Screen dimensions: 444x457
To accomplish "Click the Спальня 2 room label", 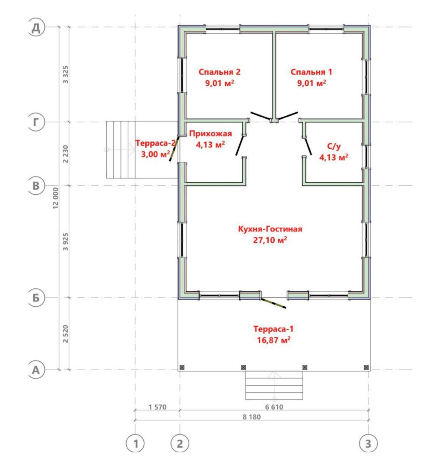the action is point(219,72).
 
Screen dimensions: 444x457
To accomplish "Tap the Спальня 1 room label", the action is point(311,72).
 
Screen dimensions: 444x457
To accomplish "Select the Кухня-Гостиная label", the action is point(270,229).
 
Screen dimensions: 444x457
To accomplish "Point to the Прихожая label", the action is point(210,134).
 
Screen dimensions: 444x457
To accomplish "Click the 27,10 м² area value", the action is point(270,240).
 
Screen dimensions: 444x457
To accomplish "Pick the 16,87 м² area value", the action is point(273,340).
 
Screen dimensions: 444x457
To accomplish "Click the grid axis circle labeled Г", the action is point(36,122).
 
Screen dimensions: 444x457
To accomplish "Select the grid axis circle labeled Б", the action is point(36,298).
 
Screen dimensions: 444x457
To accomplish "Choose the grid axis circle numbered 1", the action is point(135,444).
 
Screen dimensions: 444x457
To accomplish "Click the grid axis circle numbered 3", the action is point(369,444).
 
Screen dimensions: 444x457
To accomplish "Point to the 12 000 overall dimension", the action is point(55,198).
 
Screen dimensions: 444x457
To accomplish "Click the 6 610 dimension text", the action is point(274,407).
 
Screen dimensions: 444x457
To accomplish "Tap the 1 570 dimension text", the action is point(157,407).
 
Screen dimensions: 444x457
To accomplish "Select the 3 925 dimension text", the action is point(66,242).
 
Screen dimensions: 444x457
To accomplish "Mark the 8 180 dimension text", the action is point(252,417).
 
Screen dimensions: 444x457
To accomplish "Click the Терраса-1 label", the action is point(273,329).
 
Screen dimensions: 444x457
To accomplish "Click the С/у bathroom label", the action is point(334,146).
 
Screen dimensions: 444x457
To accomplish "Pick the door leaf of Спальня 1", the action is point(288,115).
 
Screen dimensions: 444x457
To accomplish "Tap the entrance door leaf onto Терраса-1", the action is point(273,303).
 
